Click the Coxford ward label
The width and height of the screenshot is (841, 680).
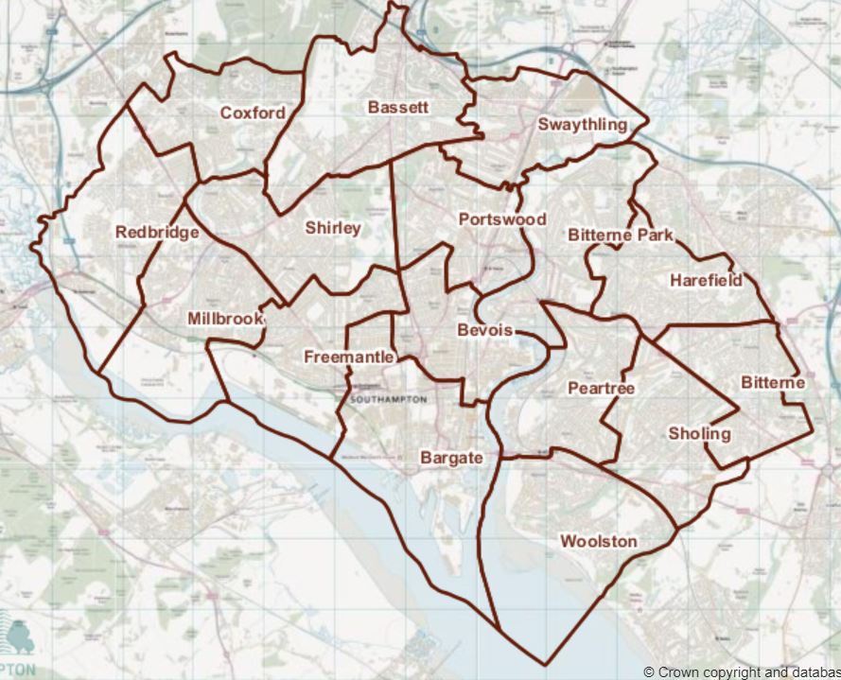(x=253, y=113)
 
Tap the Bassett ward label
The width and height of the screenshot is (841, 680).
(x=398, y=108)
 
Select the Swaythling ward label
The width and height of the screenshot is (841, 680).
(x=582, y=125)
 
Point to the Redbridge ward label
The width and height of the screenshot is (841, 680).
(x=157, y=233)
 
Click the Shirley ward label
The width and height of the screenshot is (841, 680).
(x=333, y=229)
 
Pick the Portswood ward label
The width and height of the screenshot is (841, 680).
(x=502, y=219)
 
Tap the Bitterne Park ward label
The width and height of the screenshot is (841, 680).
(x=621, y=235)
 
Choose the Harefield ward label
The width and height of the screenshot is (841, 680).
(x=706, y=280)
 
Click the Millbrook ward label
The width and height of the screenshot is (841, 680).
(x=225, y=319)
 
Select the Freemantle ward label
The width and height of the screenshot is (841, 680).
(x=349, y=357)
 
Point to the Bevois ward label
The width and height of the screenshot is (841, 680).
(x=484, y=330)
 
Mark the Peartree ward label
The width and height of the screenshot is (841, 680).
(x=601, y=389)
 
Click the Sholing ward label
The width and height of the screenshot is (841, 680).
(x=699, y=434)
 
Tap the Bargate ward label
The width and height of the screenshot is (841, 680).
(x=451, y=458)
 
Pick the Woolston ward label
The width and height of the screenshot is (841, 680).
(x=599, y=542)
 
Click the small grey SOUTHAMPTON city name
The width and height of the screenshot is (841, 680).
(x=388, y=400)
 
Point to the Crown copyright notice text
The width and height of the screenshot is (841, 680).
(x=742, y=671)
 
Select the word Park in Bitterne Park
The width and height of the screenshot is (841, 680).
(x=655, y=235)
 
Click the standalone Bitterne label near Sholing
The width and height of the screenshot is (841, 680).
(x=773, y=383)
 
